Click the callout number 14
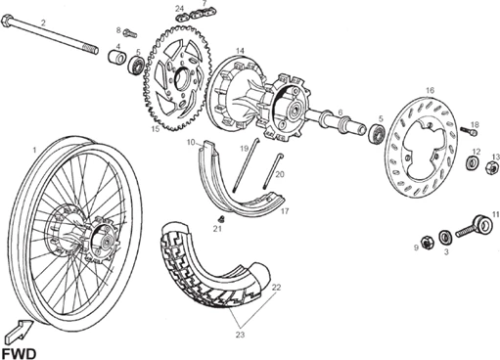240,50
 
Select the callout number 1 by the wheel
35,149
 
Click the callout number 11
496,213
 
